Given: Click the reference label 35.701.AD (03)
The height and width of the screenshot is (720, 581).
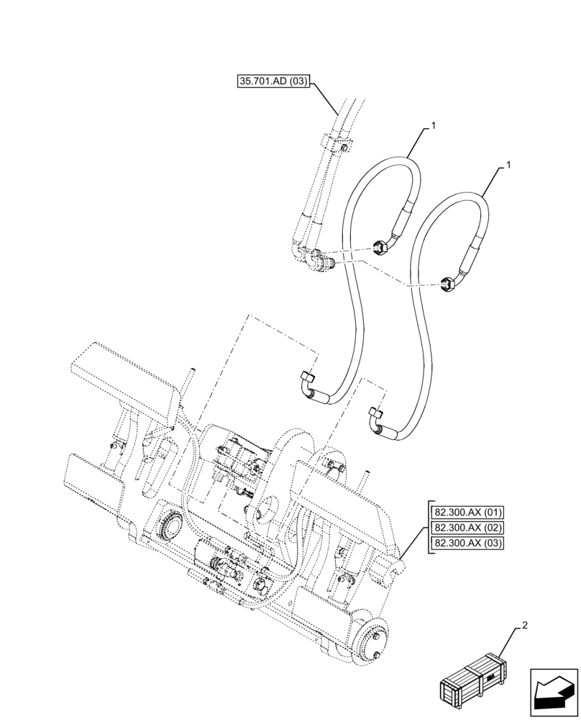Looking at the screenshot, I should click(x=273, y=82).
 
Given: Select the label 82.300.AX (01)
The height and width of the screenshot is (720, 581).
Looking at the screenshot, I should click(x=467, y=513).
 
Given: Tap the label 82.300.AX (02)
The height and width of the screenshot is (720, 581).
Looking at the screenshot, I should click(x=467, y=528).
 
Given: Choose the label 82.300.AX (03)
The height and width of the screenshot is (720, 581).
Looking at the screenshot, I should click(x=467, y=543).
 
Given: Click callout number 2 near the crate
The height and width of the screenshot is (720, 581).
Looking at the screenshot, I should click(x=525, y=626).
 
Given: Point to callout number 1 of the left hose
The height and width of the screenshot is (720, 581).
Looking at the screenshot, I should click(x=434, y=127).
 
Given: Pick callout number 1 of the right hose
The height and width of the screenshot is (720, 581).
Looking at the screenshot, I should click(x=509, y=165).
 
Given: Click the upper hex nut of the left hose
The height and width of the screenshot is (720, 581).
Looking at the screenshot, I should click(x=382, y=248).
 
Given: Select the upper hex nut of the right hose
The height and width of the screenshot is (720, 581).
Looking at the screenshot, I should click(x=446, y=285).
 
